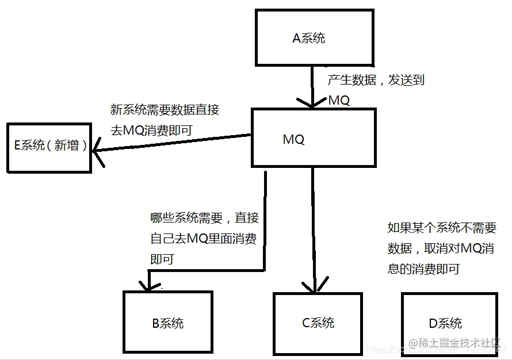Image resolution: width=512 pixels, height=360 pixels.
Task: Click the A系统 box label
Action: (309, 39)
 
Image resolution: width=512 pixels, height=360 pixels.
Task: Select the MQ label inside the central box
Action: (293, 139)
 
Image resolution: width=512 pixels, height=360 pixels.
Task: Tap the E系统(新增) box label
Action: (50, 145)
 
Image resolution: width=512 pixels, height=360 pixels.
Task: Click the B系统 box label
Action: (167, 323)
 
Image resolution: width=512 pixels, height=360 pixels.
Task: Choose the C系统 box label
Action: (318, 323)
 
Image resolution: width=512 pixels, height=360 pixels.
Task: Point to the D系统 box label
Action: (445, 323)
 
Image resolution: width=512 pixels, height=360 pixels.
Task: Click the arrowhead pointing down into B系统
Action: (148, 285)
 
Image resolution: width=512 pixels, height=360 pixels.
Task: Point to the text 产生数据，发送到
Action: (376, 80)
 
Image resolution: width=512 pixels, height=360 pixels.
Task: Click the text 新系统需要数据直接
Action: (165, 110)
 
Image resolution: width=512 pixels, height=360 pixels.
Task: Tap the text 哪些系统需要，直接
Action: (204, 218)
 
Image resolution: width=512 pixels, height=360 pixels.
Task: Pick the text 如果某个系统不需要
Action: (441, 228)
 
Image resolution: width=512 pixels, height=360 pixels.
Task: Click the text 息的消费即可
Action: (423, 269)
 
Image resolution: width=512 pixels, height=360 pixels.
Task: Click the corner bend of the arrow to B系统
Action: (264, 269)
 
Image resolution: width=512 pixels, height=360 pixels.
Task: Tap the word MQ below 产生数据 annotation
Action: (339, 100)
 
